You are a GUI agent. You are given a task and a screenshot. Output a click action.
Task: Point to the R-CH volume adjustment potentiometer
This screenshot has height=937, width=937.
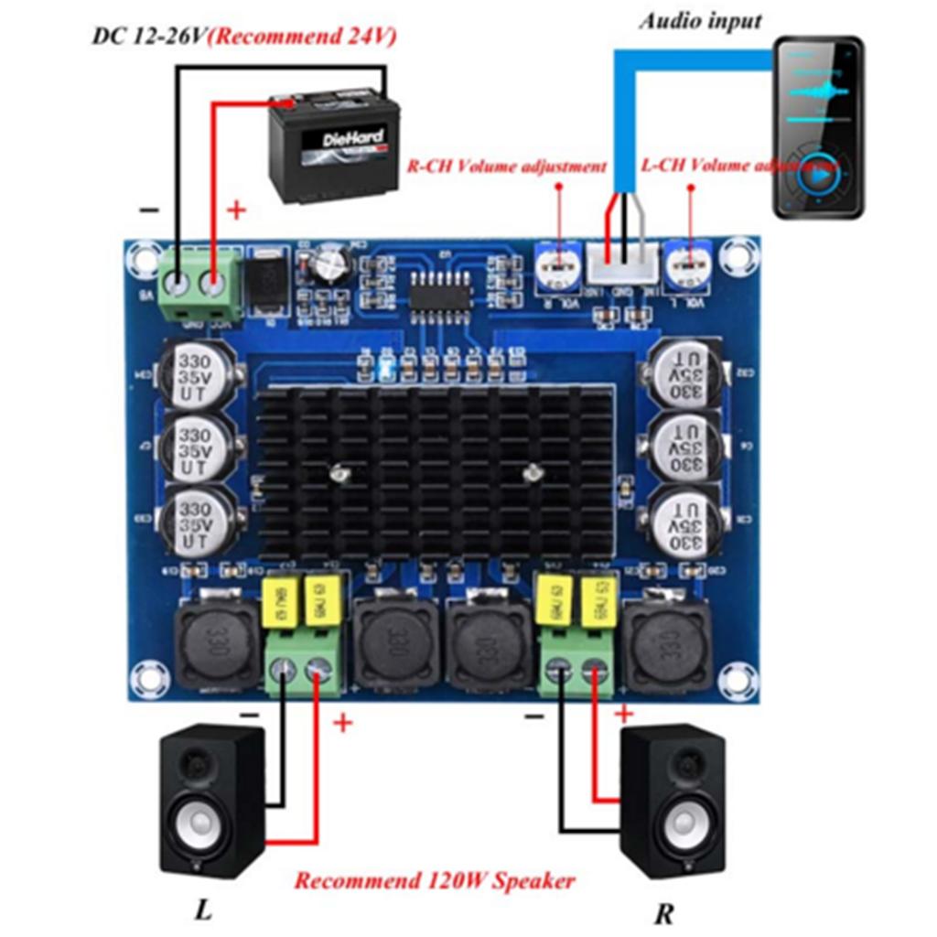click(x=555, y=266)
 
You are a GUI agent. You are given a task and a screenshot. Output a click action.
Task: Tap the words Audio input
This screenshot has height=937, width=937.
click(x=700, y=20)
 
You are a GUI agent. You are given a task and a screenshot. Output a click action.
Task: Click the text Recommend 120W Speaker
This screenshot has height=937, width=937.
click(x=435, y=881)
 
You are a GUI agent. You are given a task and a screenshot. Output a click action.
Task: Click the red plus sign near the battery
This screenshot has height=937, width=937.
click(x=236, y=210)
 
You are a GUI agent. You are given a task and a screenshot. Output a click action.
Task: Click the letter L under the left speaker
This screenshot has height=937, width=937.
click(x=202, y=910)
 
